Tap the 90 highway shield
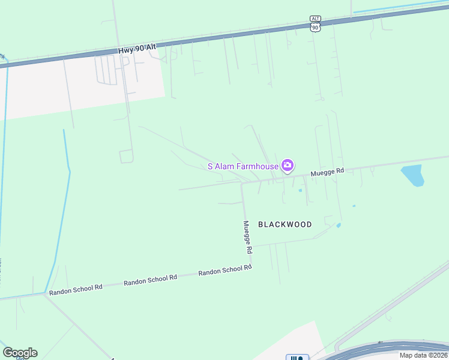(316, 27)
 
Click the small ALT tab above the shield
(316, 19)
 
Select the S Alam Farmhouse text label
(243, 166)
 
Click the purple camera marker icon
(288, 165)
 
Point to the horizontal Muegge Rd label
(327, 172)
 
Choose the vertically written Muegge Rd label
(248, 236)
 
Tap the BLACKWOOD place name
(285, 224)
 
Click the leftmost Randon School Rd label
(76, 288)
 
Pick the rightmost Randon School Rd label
(224, 271)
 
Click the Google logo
(20, 353)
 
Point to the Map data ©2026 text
(423, 355)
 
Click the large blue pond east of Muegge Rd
(412, 175)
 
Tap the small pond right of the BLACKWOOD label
(339, 226)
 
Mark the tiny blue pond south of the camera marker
(300, 191)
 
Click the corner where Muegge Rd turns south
(242, 184)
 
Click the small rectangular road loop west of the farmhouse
(126, 157)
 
